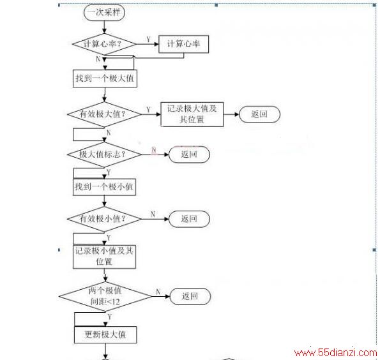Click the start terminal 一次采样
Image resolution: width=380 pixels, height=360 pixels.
tap(104, 13)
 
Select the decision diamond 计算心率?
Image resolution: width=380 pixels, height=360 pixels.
tap(104, 44)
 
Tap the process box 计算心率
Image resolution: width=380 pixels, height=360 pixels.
tap(183, 44)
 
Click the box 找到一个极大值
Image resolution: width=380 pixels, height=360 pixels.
tap(105, 79)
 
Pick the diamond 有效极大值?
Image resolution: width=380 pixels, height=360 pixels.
tap(104, 114)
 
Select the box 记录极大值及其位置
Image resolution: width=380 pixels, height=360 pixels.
tap(192, 114)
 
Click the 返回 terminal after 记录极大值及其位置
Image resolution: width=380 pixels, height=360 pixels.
tap(259, 114)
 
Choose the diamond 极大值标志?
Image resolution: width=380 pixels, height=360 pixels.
tap(104, 154)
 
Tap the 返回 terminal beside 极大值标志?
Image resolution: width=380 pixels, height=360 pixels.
tap(189, 154)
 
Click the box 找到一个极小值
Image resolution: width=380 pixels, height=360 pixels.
tap(104, 187)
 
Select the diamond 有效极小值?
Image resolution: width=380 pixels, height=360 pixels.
tap(104, 219)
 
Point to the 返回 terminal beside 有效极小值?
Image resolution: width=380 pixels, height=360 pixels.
tap(189, 219)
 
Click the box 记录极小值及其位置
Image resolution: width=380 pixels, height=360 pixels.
tap(104, 257)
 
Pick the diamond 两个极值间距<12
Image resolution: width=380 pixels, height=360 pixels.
tap(105, 296)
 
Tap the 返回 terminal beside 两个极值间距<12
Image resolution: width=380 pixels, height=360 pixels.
tap(190, 296)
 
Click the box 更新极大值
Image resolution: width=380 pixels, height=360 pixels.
tap(105, 335)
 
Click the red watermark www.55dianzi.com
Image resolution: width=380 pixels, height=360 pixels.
tap(336, 353)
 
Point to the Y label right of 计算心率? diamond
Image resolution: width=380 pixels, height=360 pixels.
tap(149, 39)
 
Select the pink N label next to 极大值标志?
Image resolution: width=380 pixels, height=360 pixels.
tap(154, 150)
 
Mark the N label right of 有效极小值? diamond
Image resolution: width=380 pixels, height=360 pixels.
tap(153, 214)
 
